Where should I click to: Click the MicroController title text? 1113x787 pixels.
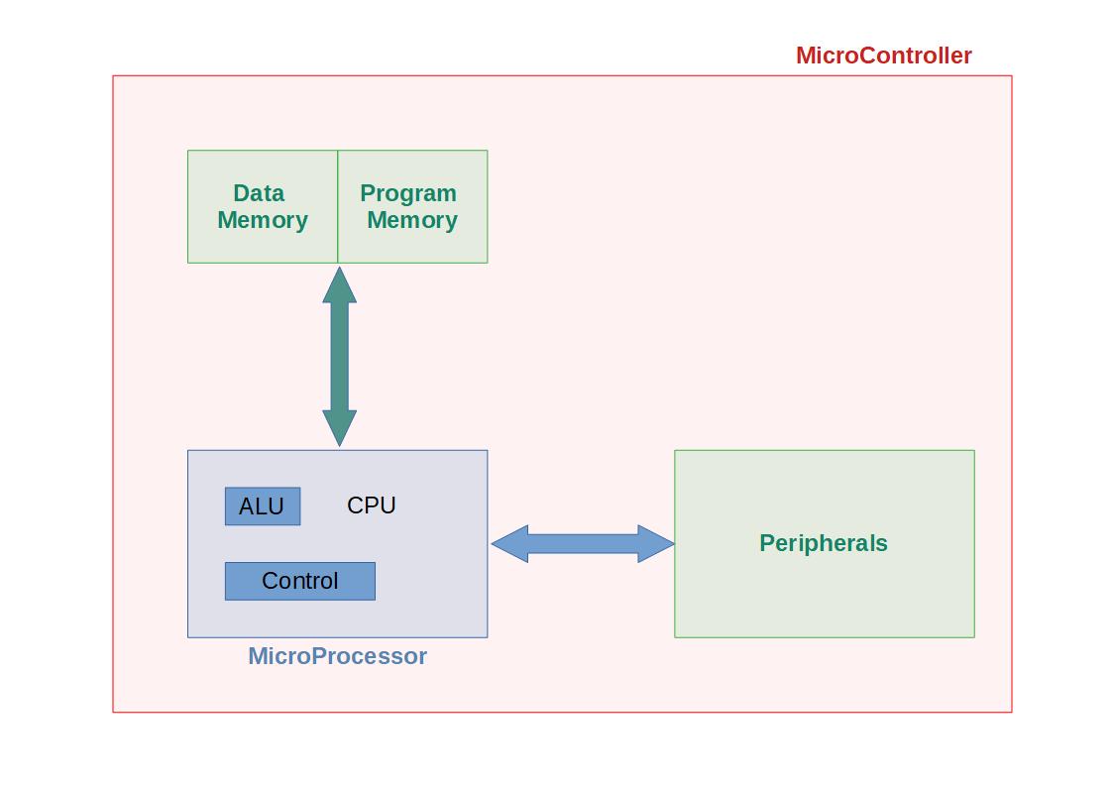pyautogui.click(x=883, y=56)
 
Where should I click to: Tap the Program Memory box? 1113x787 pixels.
pyautogui.click(x=412, y=243)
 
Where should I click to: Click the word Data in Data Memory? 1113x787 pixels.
pyautogui.click(x=259, y=193)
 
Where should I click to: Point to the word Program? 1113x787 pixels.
pyautogui.click(x=408, y=193)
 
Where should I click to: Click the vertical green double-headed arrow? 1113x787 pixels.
pyautogui.click(x=339, y=357)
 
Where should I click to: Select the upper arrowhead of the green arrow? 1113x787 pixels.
pyautogui.click(x=339, y=284)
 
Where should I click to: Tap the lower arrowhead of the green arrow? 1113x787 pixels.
pyautogui.click(x=339, y=428)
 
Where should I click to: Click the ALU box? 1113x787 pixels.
pyautogui.click(x=262, y=506)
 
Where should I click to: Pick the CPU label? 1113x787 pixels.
pyautogui.click(x=372, y=506)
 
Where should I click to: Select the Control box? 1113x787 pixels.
pyautogui.click(x=299, y=581)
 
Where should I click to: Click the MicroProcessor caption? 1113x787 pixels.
pyautogui.click(x=337, y=656)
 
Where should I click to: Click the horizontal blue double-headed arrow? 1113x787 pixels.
pyautogui.click(x=583, y=543)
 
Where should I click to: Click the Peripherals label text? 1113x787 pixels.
pyautogui.click(x=823, y=543)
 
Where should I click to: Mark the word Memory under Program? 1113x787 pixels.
pyautogui.click(x=412, y=220)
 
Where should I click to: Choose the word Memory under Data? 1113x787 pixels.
pyautogui.click(x=263, y=220)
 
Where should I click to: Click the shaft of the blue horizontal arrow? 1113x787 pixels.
pyautogui.click(x=583, y=543)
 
